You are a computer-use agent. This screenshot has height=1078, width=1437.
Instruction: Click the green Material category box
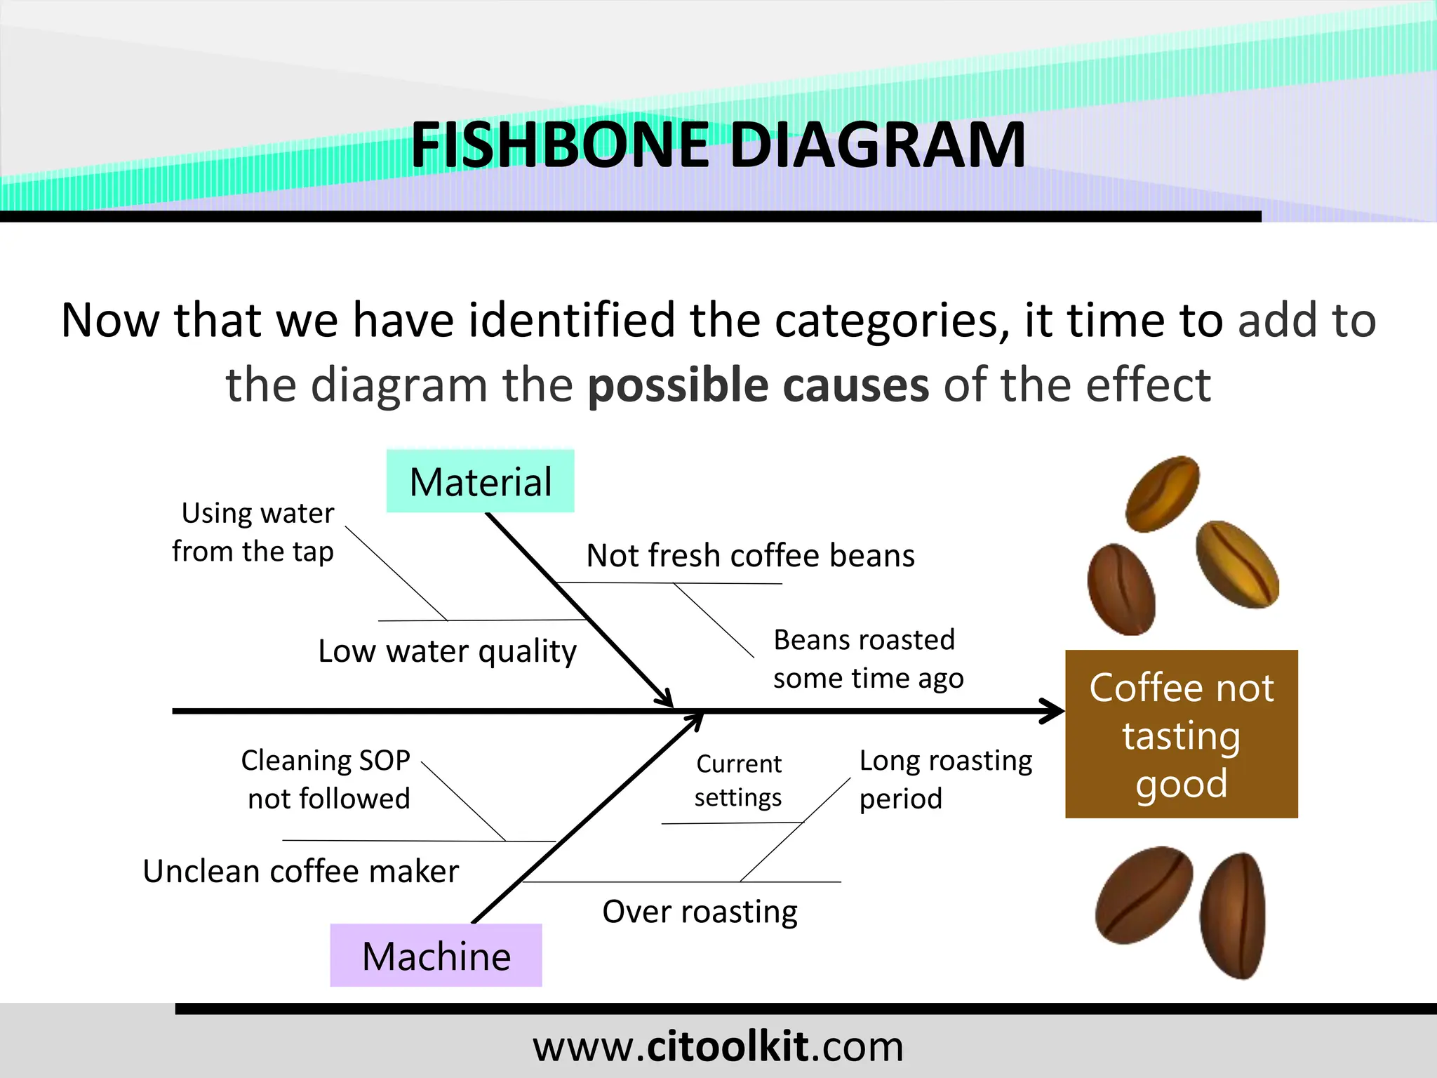[481, 481]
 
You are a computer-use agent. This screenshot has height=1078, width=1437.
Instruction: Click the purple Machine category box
[436, 955]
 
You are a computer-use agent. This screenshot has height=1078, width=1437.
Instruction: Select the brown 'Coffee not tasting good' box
[1181, 734]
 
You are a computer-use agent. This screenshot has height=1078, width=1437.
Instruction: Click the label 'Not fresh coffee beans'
[750, 556]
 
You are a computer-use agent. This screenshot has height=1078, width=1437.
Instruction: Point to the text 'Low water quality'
[447, 651]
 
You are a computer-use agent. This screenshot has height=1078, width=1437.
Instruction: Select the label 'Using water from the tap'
[253, 532]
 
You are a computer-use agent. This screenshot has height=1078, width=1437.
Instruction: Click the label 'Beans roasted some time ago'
[867, 659]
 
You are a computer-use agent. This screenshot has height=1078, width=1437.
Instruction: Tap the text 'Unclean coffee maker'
[300, 872]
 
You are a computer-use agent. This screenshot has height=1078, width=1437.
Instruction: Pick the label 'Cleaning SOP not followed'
[326, 779]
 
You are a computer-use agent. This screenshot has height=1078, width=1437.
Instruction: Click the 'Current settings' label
[738, 780]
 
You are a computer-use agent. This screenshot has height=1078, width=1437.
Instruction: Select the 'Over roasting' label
[700, 912]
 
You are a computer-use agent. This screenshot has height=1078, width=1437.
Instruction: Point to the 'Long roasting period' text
[944, 779]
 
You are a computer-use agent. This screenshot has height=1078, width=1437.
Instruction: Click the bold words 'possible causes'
[758, 385]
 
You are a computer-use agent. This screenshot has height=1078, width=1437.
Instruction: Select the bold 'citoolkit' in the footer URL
[727, 1046]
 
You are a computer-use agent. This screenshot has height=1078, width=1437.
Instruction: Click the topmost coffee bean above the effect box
[1162, 493]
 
